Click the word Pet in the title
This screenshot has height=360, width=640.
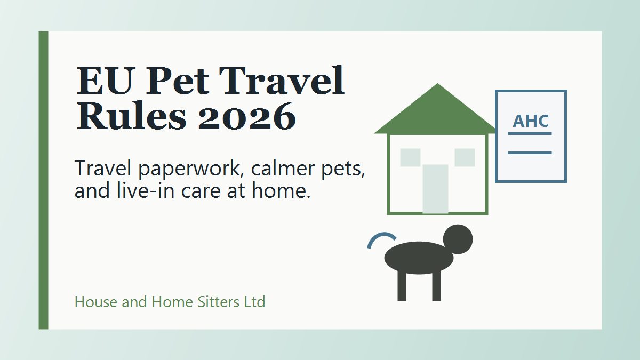[178, 81]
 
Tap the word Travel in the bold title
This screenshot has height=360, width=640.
[282, 81]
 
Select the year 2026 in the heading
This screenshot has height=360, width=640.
[247, 116]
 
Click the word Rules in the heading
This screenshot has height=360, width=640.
[132, 115]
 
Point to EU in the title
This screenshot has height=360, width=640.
[106, 81]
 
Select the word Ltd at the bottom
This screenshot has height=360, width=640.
[254, 302]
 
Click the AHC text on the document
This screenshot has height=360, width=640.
[531, 121]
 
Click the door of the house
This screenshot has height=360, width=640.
[435, 189]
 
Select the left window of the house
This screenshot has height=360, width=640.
[410, 157]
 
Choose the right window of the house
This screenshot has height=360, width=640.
[465, 157]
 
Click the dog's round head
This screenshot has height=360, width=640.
[458, 239]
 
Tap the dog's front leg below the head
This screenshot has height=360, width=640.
[436, 286]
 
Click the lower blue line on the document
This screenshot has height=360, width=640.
[530, 153]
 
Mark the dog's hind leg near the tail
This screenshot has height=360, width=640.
[402, 286]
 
